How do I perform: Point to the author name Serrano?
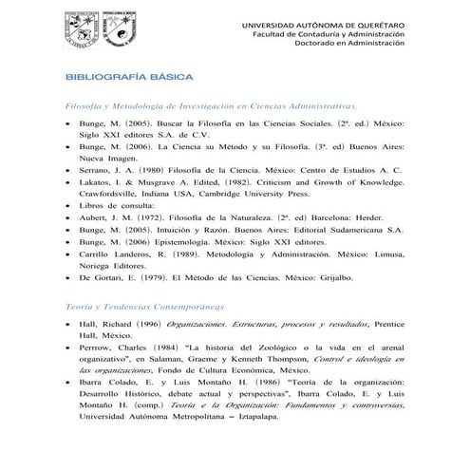100,169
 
